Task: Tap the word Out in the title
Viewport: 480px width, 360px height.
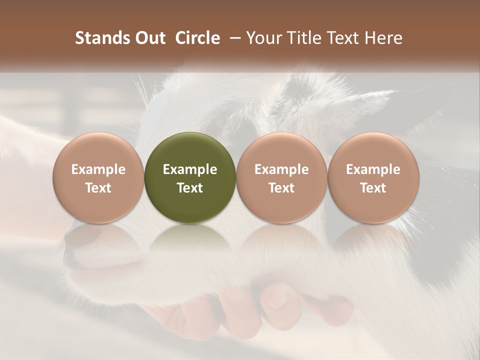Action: [x=149, y=38]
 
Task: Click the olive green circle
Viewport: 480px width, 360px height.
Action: [x=190, y=177]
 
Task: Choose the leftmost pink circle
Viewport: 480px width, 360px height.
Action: [x=98, y=177]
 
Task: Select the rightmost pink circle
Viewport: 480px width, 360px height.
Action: [x=373, y=177]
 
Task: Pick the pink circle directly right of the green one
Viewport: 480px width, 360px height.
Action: [x=281, y=177]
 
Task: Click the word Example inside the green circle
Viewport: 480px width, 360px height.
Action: [x=190, y=169]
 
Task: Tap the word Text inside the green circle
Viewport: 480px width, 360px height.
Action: [x=190, y=188]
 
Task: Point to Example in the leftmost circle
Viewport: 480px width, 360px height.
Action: [x=98, y=169]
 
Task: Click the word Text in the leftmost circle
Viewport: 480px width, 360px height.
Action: [x=98, y=188]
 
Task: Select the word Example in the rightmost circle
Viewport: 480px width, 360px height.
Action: [x=373, y=169]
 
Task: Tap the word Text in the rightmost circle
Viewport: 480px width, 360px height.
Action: [x=373, y=188]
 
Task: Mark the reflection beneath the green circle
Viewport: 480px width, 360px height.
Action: [x=190, y=240]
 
